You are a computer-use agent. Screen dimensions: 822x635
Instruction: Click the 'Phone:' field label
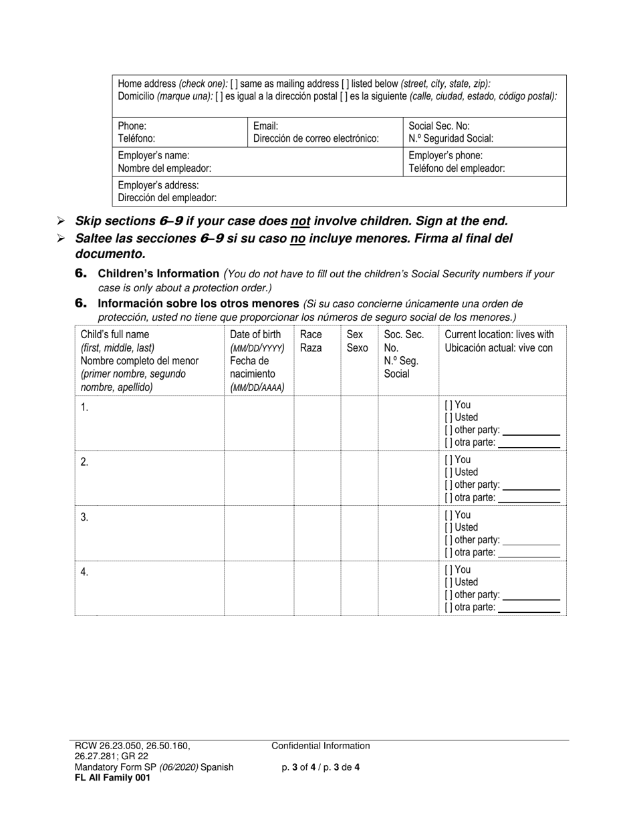coord(132,126)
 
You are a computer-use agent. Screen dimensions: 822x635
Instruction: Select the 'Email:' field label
coord(265,126)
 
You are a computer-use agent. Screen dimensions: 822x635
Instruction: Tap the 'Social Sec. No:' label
coord(439,126)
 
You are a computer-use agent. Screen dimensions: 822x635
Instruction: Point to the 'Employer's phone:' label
coord(445,156)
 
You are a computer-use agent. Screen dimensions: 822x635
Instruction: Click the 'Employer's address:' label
coord(158,185)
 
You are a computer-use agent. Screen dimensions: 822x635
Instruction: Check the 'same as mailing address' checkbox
coord(233,84)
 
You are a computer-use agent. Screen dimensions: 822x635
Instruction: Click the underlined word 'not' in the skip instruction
coord(300,221)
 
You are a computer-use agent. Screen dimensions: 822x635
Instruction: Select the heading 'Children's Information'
coord(158,273)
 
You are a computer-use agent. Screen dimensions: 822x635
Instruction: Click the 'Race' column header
coord(311,335)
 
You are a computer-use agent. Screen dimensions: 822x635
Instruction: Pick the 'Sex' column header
coord(355,335)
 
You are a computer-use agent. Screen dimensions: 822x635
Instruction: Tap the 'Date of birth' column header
coord(255,335)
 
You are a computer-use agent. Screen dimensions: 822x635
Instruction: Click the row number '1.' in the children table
coord(84,408)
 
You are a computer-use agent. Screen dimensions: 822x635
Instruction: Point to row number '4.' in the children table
coord(84,572)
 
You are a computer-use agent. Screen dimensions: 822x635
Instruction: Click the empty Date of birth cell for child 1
coord(259,423)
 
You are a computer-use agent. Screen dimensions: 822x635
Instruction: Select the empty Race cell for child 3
coord(317,533)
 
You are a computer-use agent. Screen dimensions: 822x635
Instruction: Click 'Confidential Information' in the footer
coord(320,746)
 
